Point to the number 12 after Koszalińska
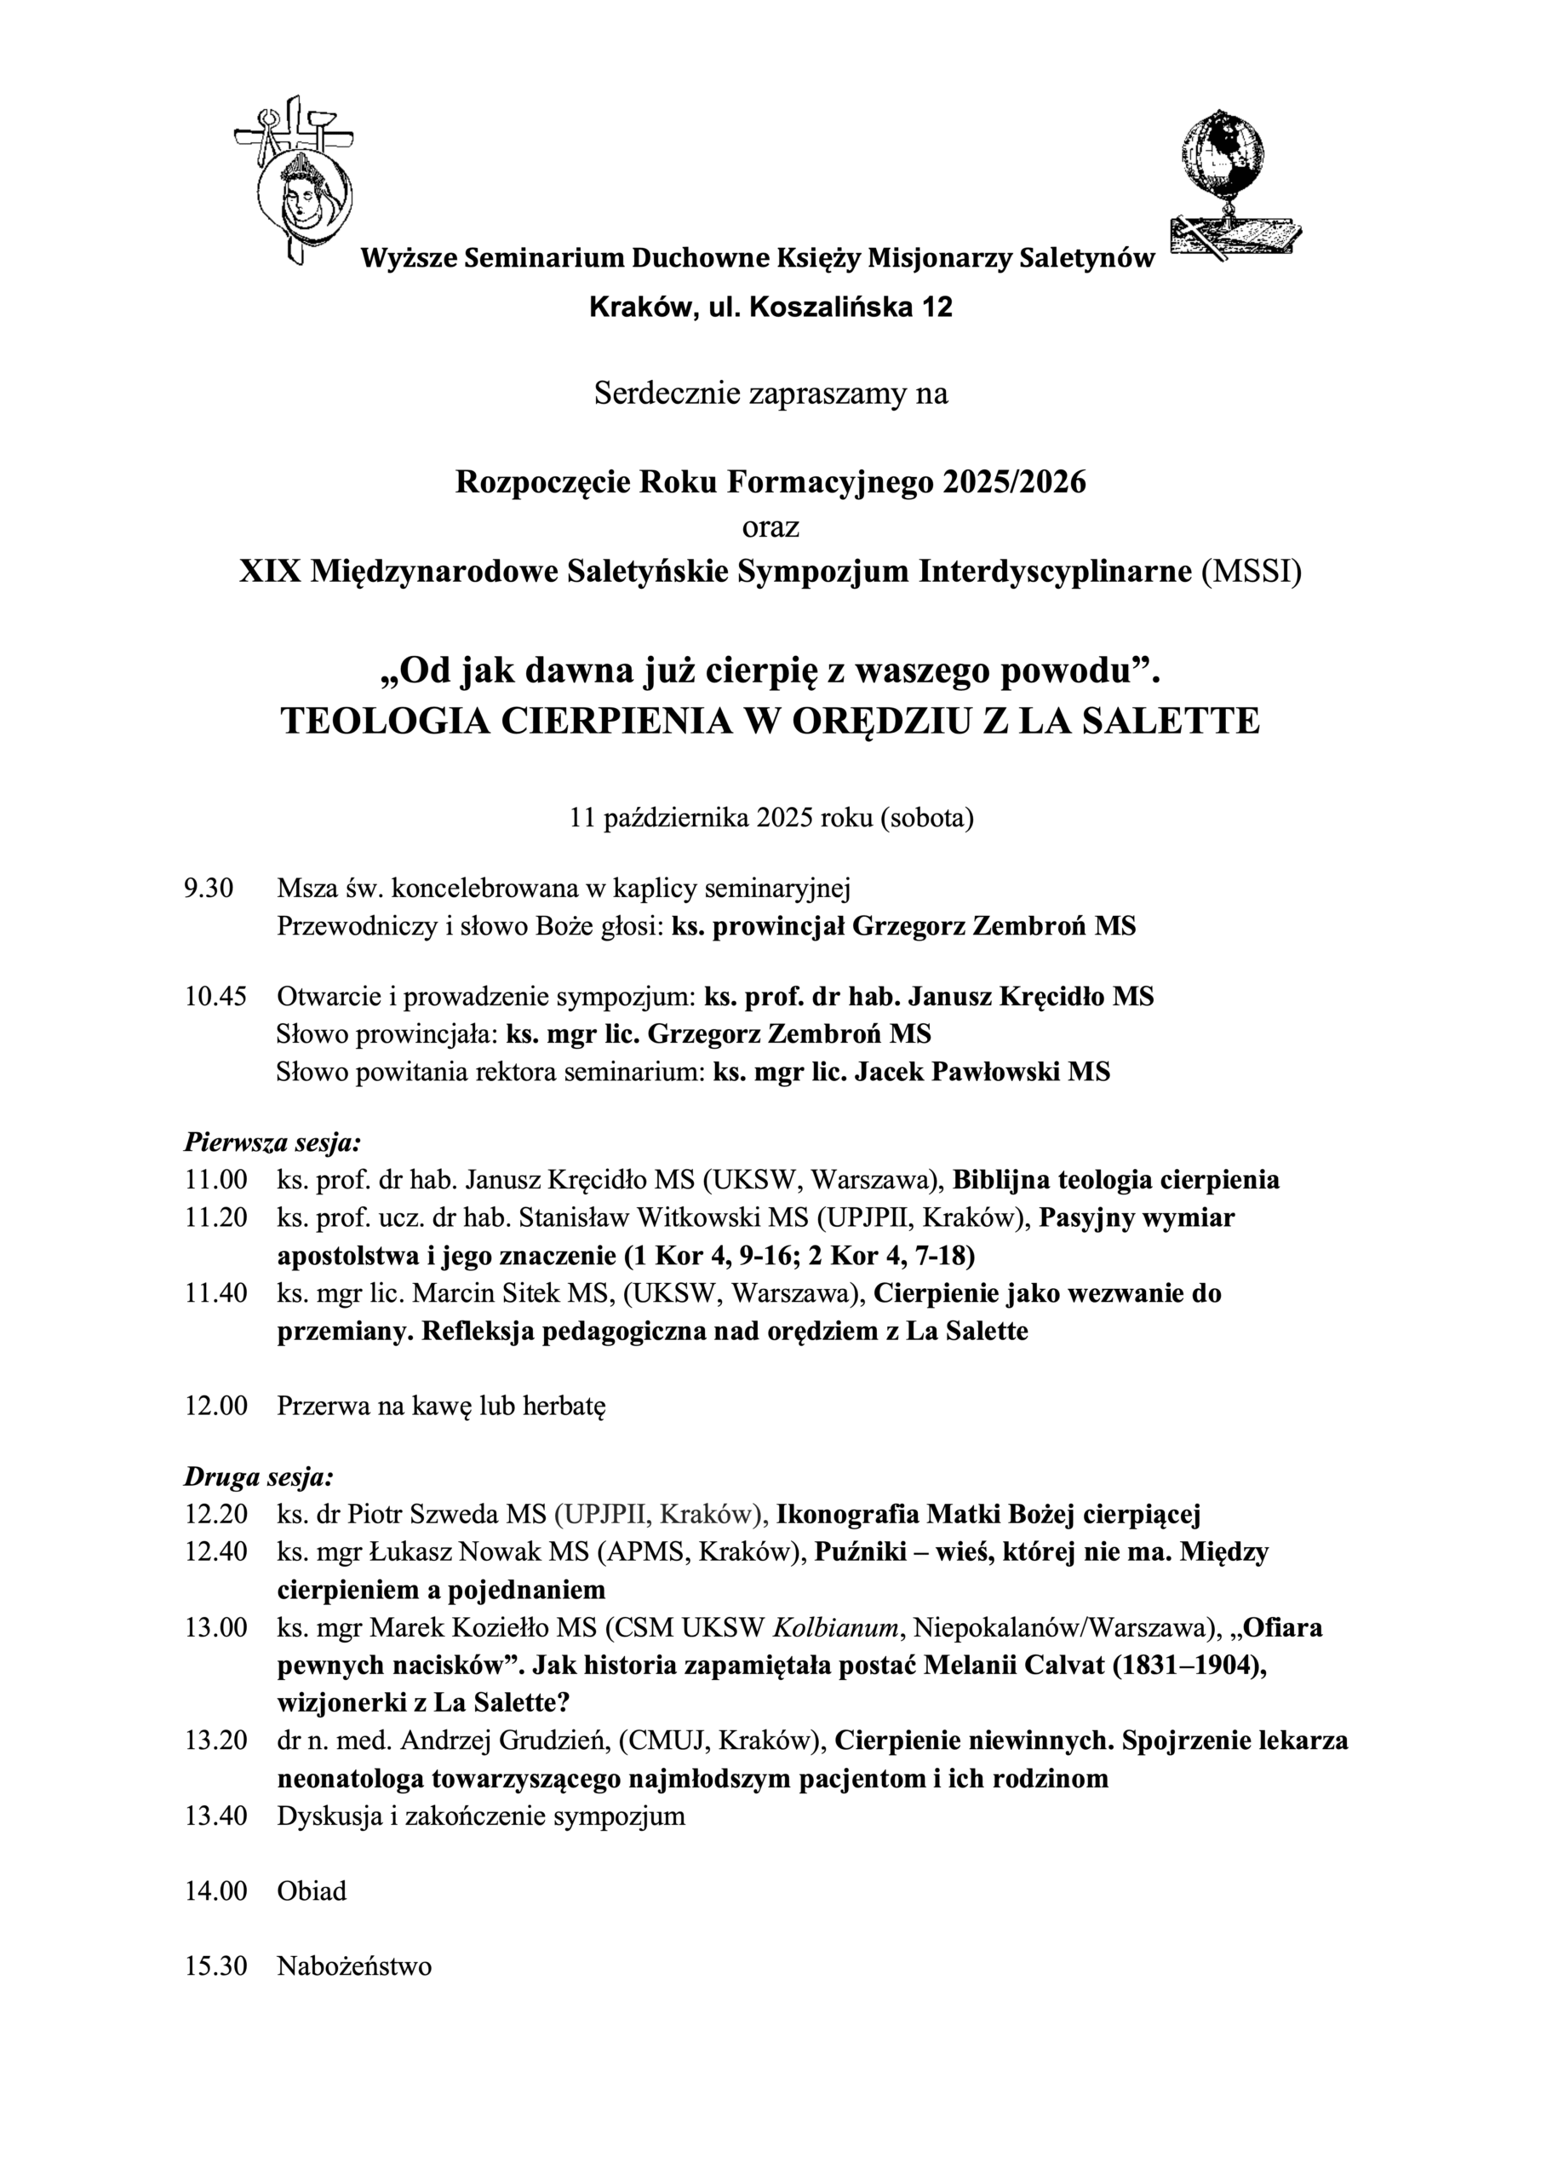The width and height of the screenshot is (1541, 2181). click(938, 308)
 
